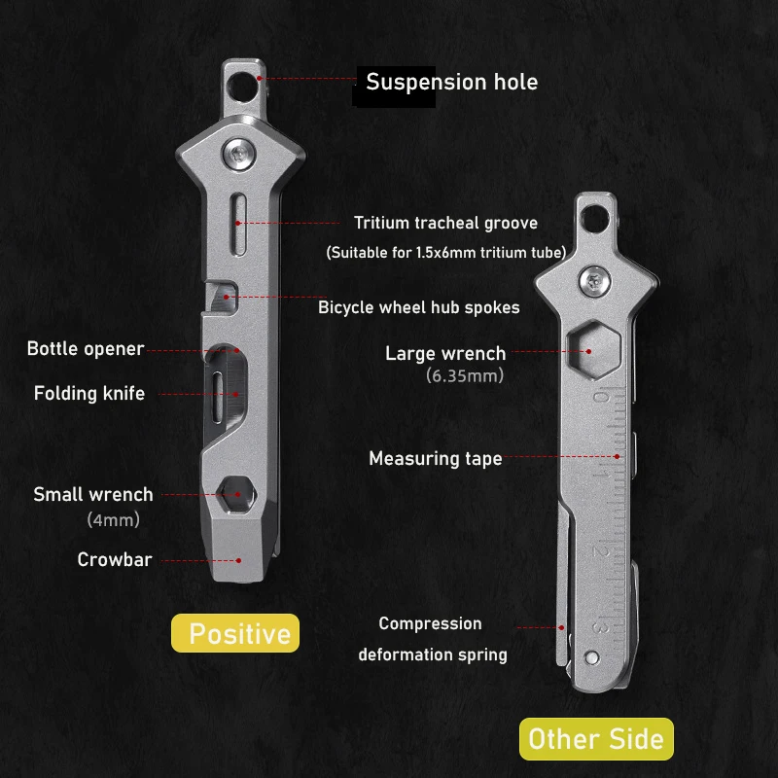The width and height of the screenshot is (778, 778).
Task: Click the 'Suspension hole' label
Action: [x=451, y=82]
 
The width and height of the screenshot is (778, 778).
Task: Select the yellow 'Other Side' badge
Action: [x=596, y=739]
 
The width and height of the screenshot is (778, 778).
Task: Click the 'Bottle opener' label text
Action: [x=86, y=349]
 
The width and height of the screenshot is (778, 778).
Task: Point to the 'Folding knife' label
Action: [x=89, y=394]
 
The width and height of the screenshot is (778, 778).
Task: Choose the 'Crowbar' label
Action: [x=115, y=560]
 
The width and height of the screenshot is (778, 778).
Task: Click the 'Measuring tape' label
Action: [x=436, y=458]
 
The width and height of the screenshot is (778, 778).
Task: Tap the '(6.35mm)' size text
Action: [x=465, y=375]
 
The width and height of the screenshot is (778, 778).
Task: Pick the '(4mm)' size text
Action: [x=114, y=520]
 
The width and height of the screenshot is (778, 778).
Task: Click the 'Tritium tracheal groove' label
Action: [x=445, y=224]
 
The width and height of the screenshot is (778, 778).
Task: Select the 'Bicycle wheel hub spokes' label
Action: [x=419, y=307]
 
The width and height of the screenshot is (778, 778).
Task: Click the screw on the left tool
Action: [x=239, y=152]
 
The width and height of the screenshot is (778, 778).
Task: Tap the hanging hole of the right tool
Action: [x=593, y=216]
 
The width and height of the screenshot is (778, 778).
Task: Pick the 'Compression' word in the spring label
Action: [x=430, y=623]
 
